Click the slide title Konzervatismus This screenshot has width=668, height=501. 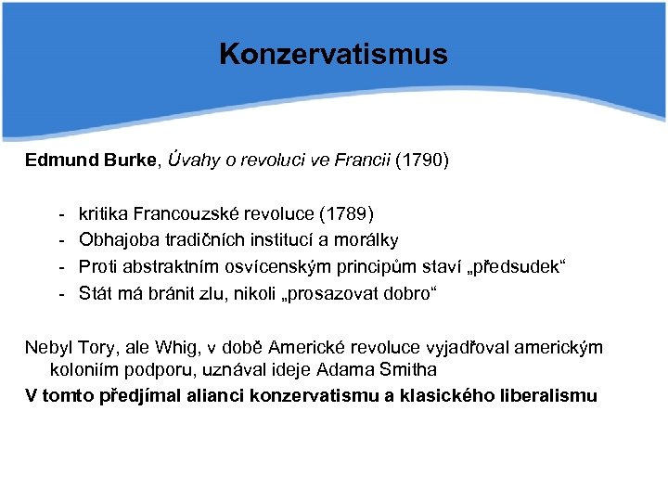[x=333, y=54]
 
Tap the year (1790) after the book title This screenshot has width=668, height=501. [x=422, y=161]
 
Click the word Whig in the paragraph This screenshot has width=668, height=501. [x=165, y=348]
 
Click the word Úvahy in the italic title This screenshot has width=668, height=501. [x=197, y=161]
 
